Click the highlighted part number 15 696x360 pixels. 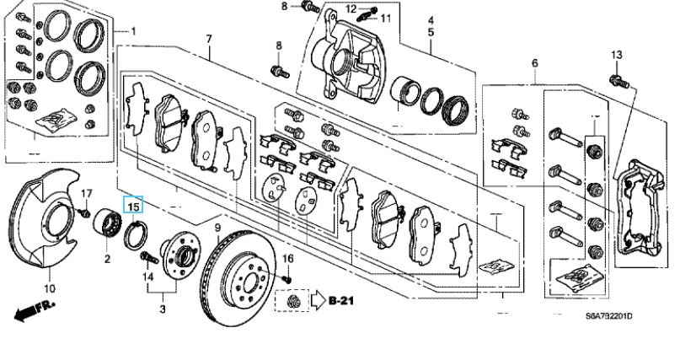coord(134,207)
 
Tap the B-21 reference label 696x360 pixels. coord(341,300)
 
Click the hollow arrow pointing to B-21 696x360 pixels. coord(318,300)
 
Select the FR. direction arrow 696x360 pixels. coord(35,310)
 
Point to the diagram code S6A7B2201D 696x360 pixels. coord(608,315)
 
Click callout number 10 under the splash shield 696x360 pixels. coord(50,288)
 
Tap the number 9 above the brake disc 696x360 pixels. coord(217,228)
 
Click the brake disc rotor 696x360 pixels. coord(239,277)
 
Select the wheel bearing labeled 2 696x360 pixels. coord(107,223)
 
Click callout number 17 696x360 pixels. coord(86,194)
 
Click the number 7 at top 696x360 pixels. coord(209,38)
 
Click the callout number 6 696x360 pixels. coord(534,63)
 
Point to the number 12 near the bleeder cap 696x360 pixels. coord(351,8)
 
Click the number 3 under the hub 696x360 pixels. coord(163,309)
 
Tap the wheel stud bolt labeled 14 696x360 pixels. coord(149,257)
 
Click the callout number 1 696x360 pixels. coord(133,31)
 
